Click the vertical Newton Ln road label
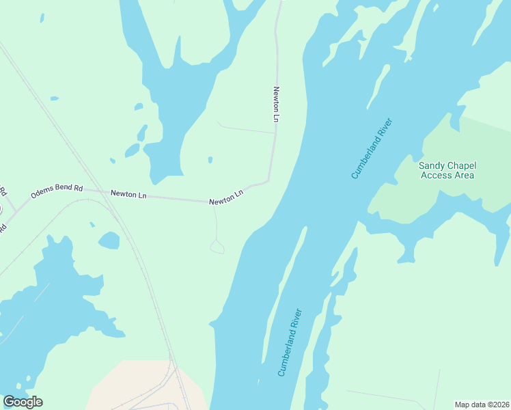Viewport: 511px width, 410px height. point(277,105)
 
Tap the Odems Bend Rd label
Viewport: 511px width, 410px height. point(57,191)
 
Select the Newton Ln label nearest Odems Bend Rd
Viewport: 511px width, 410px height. point(128,195)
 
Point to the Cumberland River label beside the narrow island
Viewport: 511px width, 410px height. point(290,342)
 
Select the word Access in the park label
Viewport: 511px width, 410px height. point(437,176)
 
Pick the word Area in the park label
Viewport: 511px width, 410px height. point(464,176)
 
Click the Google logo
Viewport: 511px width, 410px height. point(23,402)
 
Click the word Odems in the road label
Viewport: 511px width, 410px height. point(42,195)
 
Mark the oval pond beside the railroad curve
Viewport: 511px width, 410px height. point(109,241)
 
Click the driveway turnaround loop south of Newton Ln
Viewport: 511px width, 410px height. point(217,247)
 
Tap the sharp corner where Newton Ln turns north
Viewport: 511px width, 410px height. point(268,181)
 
